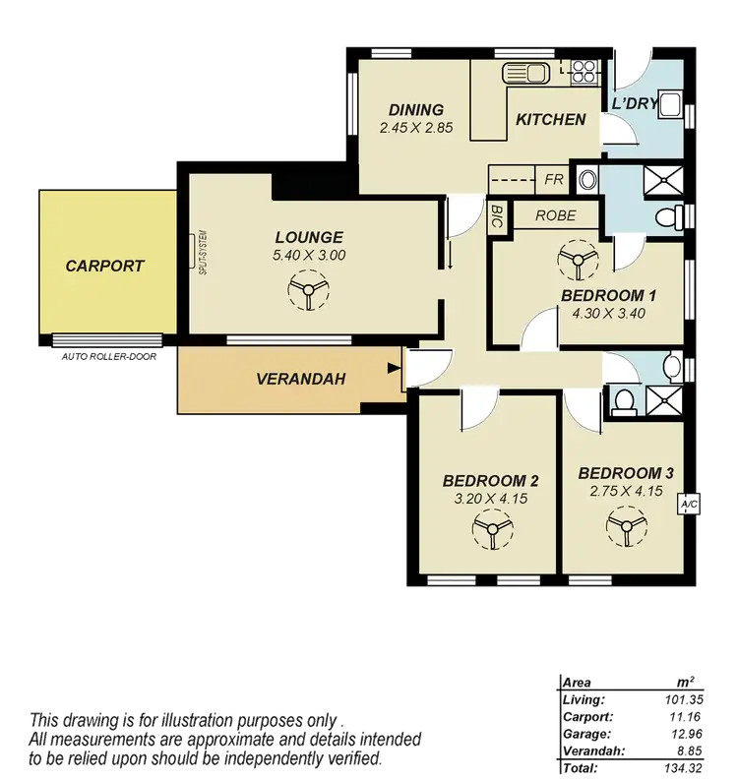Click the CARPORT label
coord(104,266)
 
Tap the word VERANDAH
coord(300,378)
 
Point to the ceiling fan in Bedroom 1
coord(573,261)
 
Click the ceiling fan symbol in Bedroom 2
coord(489,532)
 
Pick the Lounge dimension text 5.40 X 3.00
coord(309,255)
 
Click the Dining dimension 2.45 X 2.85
coord(415,127)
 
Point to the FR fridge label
coord(553,180)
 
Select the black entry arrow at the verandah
coord(395,370)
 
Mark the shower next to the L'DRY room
coord(662,181)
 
